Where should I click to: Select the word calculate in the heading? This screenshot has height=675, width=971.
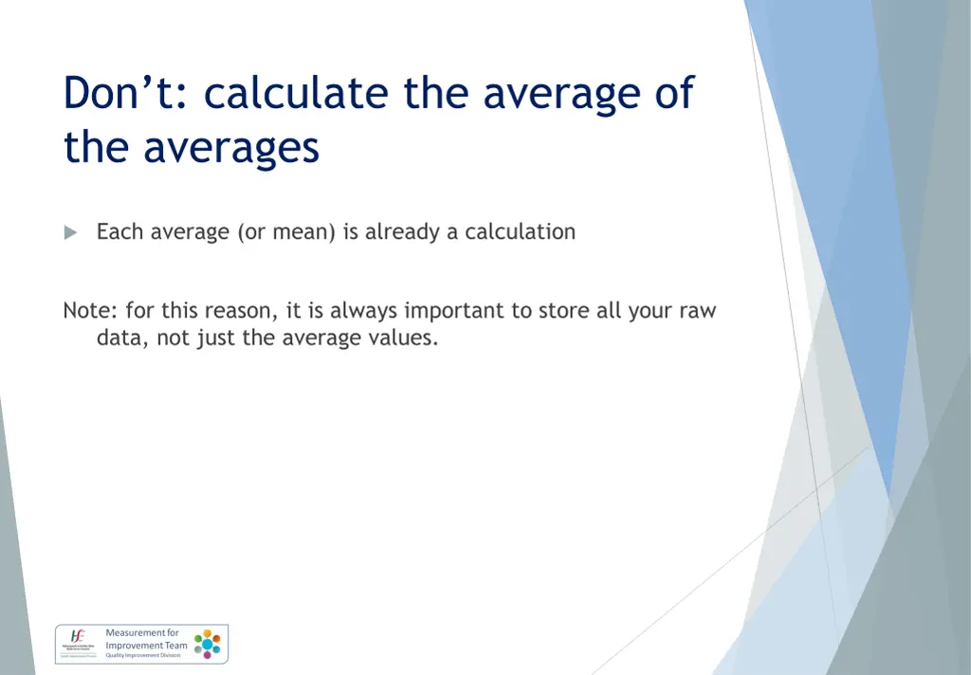[x=296, y=94]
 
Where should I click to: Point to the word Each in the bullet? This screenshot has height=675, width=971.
[x=116, y=232]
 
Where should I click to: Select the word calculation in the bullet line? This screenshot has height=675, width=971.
[x=520, y=232]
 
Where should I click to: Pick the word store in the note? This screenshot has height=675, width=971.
[x=564, y=312]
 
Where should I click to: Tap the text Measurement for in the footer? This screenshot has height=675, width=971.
[x=142, y=633]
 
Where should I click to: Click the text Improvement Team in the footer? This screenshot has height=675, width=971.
[x=147, y=646]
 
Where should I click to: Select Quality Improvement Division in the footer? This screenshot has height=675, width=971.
[x=143, y=655]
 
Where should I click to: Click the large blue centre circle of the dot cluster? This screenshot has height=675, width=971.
[x=207, y=644]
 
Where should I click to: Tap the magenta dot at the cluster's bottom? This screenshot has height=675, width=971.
[x=207, y=655]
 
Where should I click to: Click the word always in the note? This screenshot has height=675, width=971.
[x=364, y=312]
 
